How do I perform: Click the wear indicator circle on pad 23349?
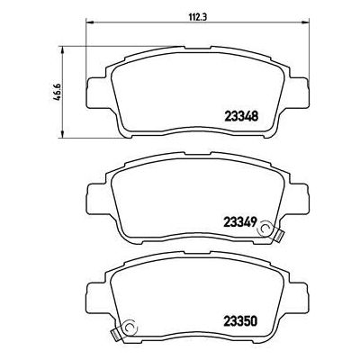(265, 230)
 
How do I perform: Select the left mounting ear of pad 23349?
(94, 193)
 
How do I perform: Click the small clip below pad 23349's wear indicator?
(278, 237)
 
